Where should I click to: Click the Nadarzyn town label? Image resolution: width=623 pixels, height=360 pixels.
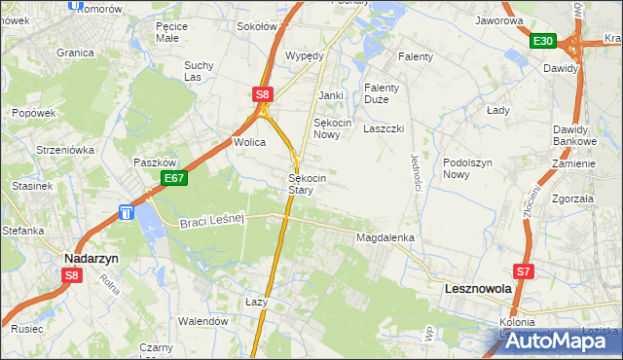[92, 258]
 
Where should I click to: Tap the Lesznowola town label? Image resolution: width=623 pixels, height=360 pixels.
[477, 289]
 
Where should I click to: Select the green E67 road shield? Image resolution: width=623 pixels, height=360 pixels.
[174, 178]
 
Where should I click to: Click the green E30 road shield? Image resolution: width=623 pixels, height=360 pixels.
[543, 41]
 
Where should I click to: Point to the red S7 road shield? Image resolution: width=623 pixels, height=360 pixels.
[525, 271]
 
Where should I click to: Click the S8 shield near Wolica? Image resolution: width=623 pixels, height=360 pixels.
[263, 94]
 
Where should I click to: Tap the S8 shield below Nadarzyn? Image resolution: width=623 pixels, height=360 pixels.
[71, 275]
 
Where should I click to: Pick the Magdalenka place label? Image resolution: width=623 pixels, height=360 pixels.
[386, 237]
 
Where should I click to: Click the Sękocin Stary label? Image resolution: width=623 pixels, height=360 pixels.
[307, 185]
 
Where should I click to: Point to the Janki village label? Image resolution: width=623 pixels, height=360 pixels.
[332, 95]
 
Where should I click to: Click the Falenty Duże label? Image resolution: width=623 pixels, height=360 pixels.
[384, 93]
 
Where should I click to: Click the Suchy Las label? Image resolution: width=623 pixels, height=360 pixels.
[199, 72]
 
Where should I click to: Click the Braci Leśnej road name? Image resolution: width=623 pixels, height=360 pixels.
[210, 223]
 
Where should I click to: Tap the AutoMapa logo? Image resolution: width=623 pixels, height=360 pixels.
[552, 342]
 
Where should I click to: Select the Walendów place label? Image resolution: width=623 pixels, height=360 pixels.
[202, 320]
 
